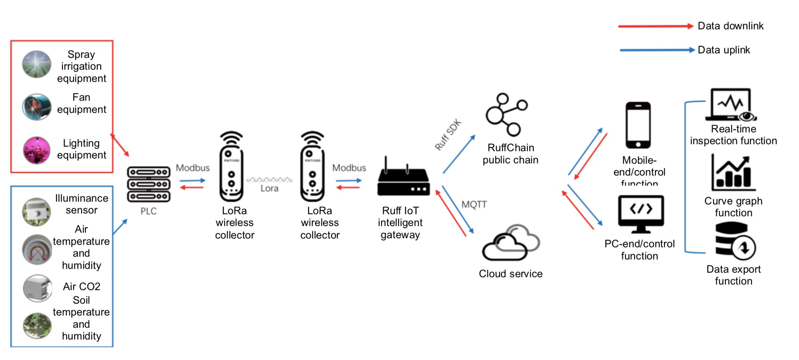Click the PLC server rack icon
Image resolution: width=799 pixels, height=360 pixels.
coord(149,184)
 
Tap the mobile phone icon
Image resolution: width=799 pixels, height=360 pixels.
coord(638,125)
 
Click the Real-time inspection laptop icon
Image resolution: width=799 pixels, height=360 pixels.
coord(731,105)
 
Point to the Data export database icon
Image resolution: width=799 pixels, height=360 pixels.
coord(735,242)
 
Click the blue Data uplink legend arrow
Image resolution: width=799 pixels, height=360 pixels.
coord(656,50)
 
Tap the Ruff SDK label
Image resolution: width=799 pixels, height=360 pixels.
coord(448,134)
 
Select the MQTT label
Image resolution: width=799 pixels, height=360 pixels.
coord(474,204)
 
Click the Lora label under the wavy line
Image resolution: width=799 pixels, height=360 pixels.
coord(269,188)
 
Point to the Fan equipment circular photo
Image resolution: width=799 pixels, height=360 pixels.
coord(37,107)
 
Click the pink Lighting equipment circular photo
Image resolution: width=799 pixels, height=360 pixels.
coord(37,150)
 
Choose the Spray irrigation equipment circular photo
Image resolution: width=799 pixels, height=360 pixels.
coord(37,64)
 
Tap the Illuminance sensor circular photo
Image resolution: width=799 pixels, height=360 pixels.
coord(37,211)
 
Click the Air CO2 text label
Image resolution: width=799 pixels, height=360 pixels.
coord(81,287)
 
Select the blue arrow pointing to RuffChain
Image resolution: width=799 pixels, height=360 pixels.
coord(459,154)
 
